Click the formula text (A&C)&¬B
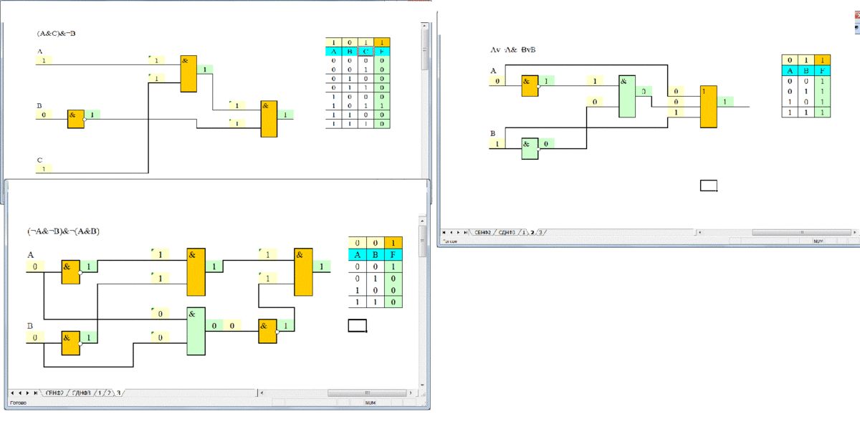(56, 33)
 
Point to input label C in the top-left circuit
(40, 160)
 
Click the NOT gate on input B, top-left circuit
(76, 119)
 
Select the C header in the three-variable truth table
(366, 52)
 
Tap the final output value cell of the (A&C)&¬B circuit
(285, 115)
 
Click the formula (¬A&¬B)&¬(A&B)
(64, 231)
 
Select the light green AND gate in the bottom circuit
(196, 331)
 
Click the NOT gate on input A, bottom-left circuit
(70, 272)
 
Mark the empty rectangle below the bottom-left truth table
(357, 325)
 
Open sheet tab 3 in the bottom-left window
(119, 393)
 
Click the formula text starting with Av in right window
(513, 50)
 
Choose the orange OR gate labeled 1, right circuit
(708, 107)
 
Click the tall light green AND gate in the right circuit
(627, 96)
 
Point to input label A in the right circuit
(493, 70)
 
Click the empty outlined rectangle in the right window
(709, 186)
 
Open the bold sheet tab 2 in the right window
(532, 232)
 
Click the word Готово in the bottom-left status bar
(18, 403)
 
